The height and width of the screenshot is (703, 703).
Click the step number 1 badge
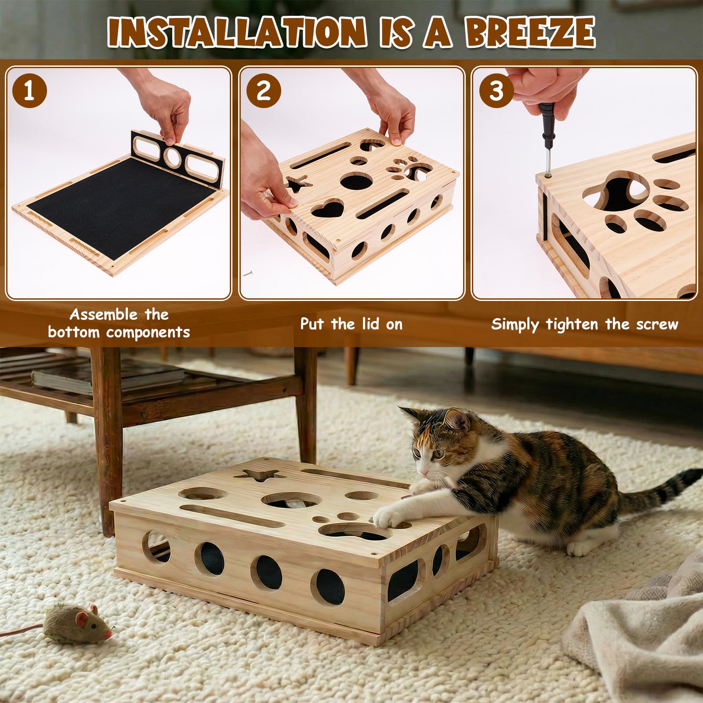[x=29, y=91]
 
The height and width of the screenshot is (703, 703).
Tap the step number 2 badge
[x=263, y=91]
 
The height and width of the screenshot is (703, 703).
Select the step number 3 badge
[x=496, y=91]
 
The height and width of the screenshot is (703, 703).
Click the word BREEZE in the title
[x=530, y=33]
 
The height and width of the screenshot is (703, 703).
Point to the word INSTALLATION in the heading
[x=236, y=33]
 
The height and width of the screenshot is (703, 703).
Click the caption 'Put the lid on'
[x=351, y=324]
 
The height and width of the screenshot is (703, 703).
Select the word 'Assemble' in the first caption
[x=104, y=315]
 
